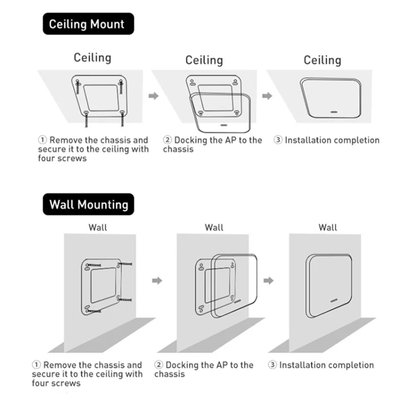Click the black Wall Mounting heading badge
[88, 205]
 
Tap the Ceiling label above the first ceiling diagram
[92, 57]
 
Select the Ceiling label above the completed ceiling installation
[322, 60]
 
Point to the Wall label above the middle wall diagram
[214, 227]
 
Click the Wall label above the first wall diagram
[98, 227]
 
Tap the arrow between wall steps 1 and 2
[158, 280]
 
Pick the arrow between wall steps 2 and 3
[269, 280]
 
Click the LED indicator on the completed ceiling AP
[334, 110]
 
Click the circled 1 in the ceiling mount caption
[43, 140]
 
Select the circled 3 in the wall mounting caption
[272, 365]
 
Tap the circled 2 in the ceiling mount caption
[167, 140]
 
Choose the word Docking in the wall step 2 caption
[182, 365]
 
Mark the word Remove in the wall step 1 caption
[60, 365]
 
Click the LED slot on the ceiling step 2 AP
[223, 123]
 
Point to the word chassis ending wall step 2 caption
[169, 374]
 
